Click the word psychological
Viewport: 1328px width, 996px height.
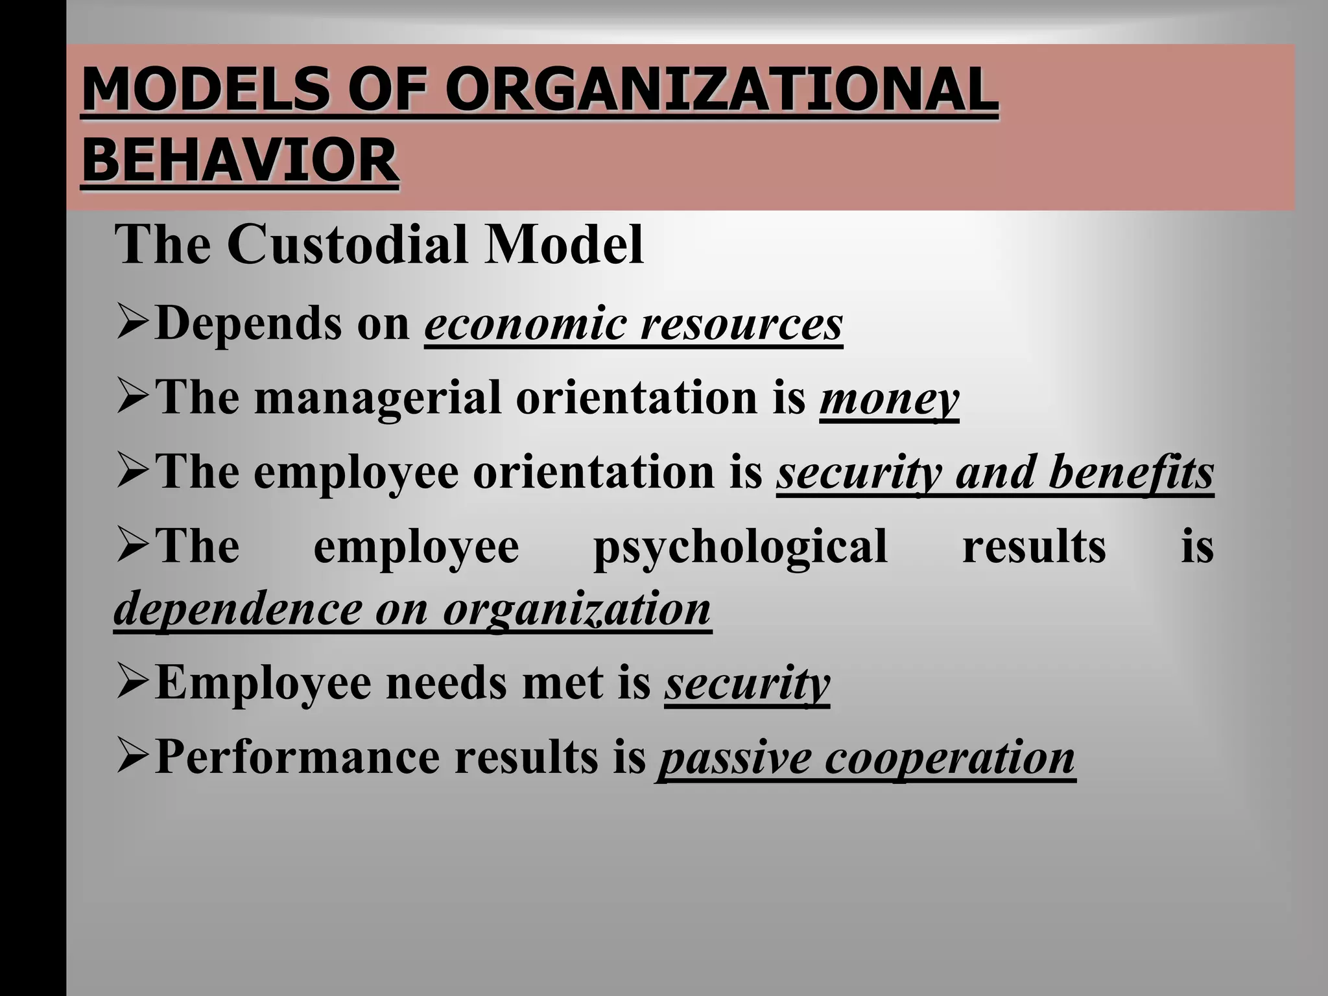[x=740, y=547]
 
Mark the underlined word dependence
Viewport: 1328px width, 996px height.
[x=237, y=610]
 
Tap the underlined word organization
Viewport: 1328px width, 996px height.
[x=576, y=610]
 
